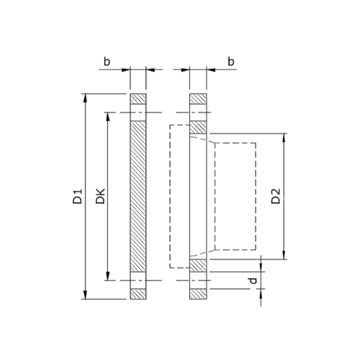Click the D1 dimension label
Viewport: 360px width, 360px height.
[78, 196]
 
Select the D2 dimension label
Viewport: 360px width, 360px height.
[276, 196]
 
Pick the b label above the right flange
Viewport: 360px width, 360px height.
[231, 63]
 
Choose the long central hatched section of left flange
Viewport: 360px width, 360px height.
[138, 196]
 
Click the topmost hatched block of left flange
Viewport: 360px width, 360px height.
[138, 99]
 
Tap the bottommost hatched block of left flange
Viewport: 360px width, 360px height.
[138, 294]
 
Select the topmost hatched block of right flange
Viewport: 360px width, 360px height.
[198, 99]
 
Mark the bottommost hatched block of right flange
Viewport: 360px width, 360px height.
[198, 294]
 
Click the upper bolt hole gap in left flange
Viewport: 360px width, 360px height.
[138, 112]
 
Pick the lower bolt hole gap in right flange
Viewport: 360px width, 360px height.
[198, 280]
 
